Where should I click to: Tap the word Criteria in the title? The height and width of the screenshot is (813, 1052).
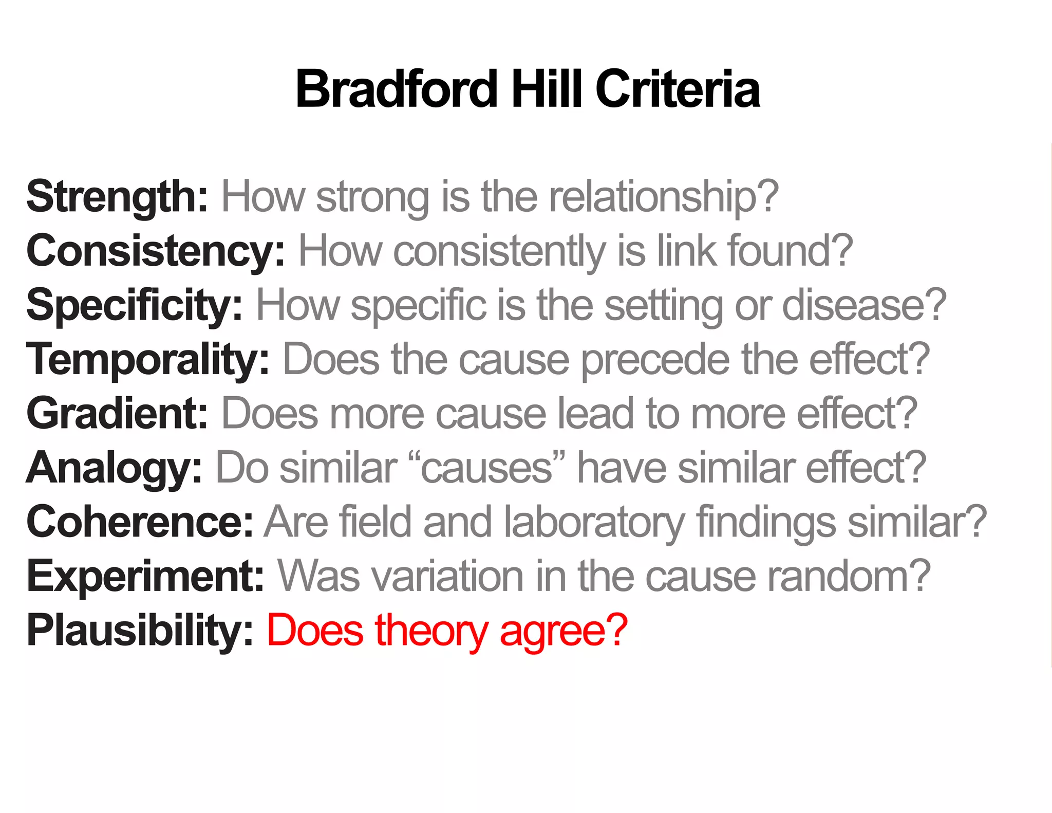click(x=678, y=89)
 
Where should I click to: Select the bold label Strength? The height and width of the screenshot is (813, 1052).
click(x=117, y=197)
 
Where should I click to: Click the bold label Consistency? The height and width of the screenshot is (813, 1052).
click(x=156, y=251)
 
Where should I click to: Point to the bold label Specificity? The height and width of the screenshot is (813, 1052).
click(x=134, y=306)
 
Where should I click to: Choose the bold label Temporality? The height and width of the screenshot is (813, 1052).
click(x=147, y=360)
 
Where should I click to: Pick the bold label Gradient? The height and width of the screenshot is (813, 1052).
click(x=117, y=414)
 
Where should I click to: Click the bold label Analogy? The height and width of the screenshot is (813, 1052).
click(x=114, y=469)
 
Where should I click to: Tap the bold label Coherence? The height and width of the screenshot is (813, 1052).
click(x=140, y=522)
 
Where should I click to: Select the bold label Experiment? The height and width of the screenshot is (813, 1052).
click(x=145, y=577)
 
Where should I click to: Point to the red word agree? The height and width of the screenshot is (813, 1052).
click(x=563, y=632)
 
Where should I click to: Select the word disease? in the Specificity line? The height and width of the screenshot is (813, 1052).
click(x=864, y=306)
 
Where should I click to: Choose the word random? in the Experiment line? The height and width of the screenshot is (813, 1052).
click(x=849, y=577)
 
